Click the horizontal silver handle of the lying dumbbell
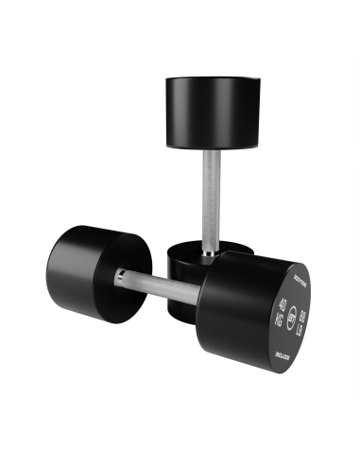pyautogui.click(x=165, y=287)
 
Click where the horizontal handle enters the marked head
pyautogui.click(x=201, y=296)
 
